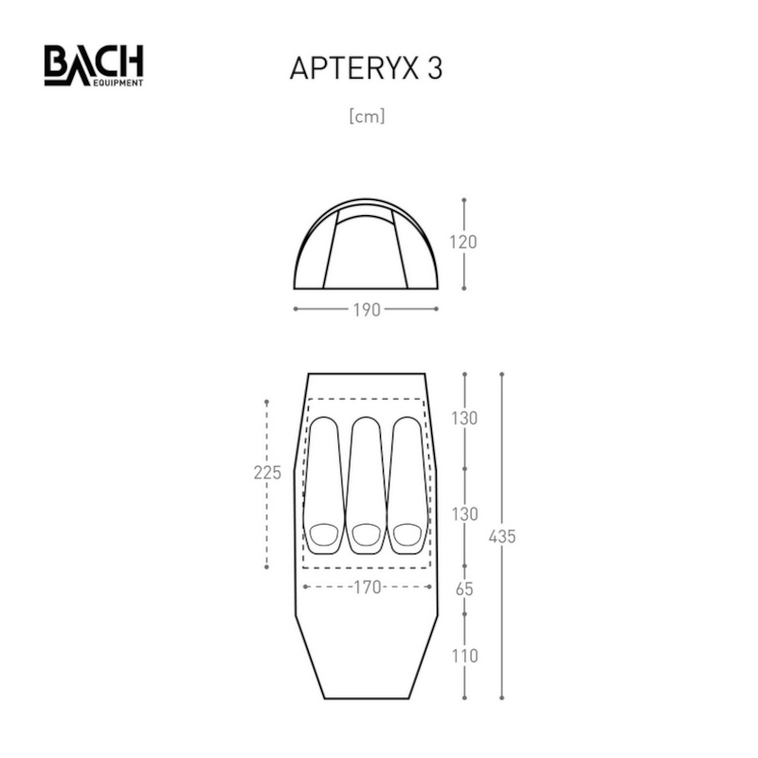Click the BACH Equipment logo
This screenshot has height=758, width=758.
pos(94,65)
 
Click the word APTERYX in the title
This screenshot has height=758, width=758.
pos(353,68)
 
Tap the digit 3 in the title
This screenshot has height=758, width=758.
pos(435,68)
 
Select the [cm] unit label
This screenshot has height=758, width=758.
pos(367,117)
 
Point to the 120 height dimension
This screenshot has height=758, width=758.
pos(463,242)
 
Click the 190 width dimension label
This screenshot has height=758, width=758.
pos(367,310)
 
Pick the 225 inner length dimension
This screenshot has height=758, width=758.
pos(267,472)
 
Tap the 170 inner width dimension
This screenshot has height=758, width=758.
pos(368,587)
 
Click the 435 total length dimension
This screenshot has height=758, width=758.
pos(502,536)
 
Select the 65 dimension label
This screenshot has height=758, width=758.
pos(464,589)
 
